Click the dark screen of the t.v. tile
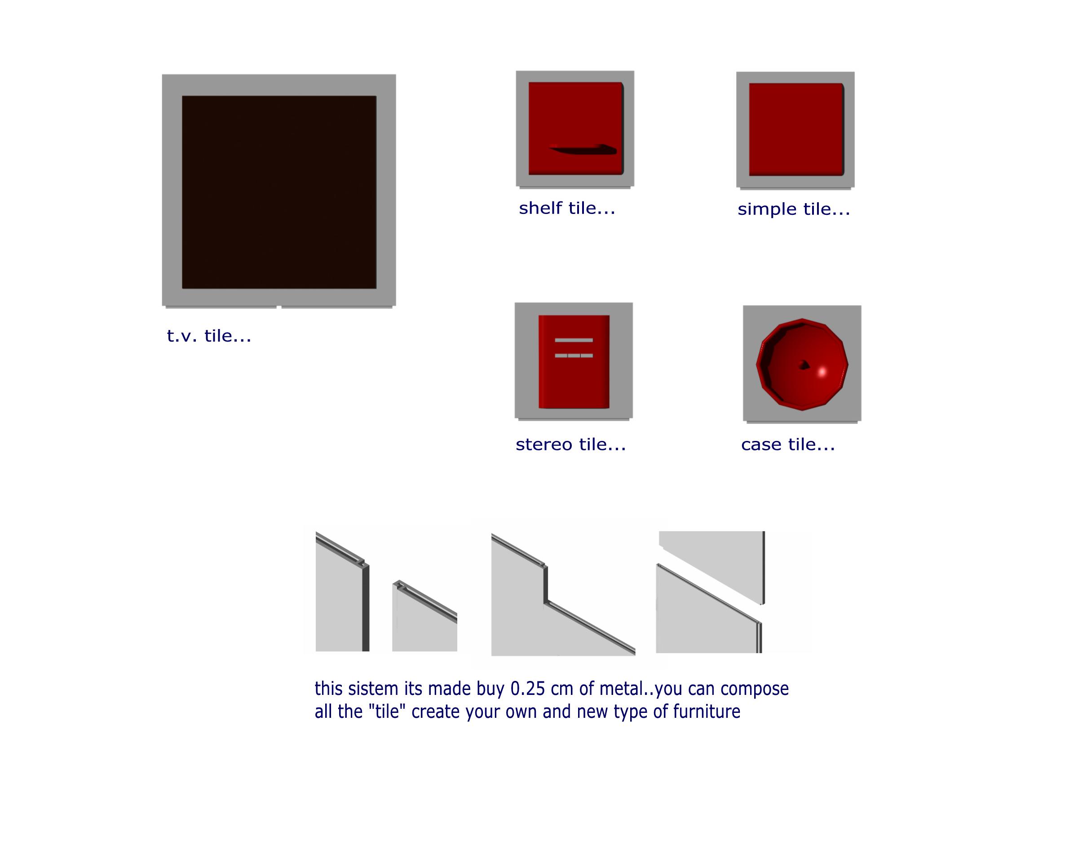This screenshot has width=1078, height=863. (279, 192)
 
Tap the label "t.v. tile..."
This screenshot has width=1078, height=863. (209, 336)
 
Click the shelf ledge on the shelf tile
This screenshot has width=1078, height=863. (583, 149)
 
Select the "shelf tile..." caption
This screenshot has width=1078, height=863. (567, 208)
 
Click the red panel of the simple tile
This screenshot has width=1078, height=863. (795, 129)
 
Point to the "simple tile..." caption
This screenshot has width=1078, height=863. (794, 209)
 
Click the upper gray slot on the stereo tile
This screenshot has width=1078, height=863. (574, 340)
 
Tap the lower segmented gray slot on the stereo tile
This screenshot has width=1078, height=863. (574, 356)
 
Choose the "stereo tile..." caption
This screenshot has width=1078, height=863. (570, 444)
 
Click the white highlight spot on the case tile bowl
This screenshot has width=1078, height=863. (822, 372)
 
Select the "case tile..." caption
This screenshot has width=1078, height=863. (787, 444)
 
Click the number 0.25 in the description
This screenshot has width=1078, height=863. (527, 689)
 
